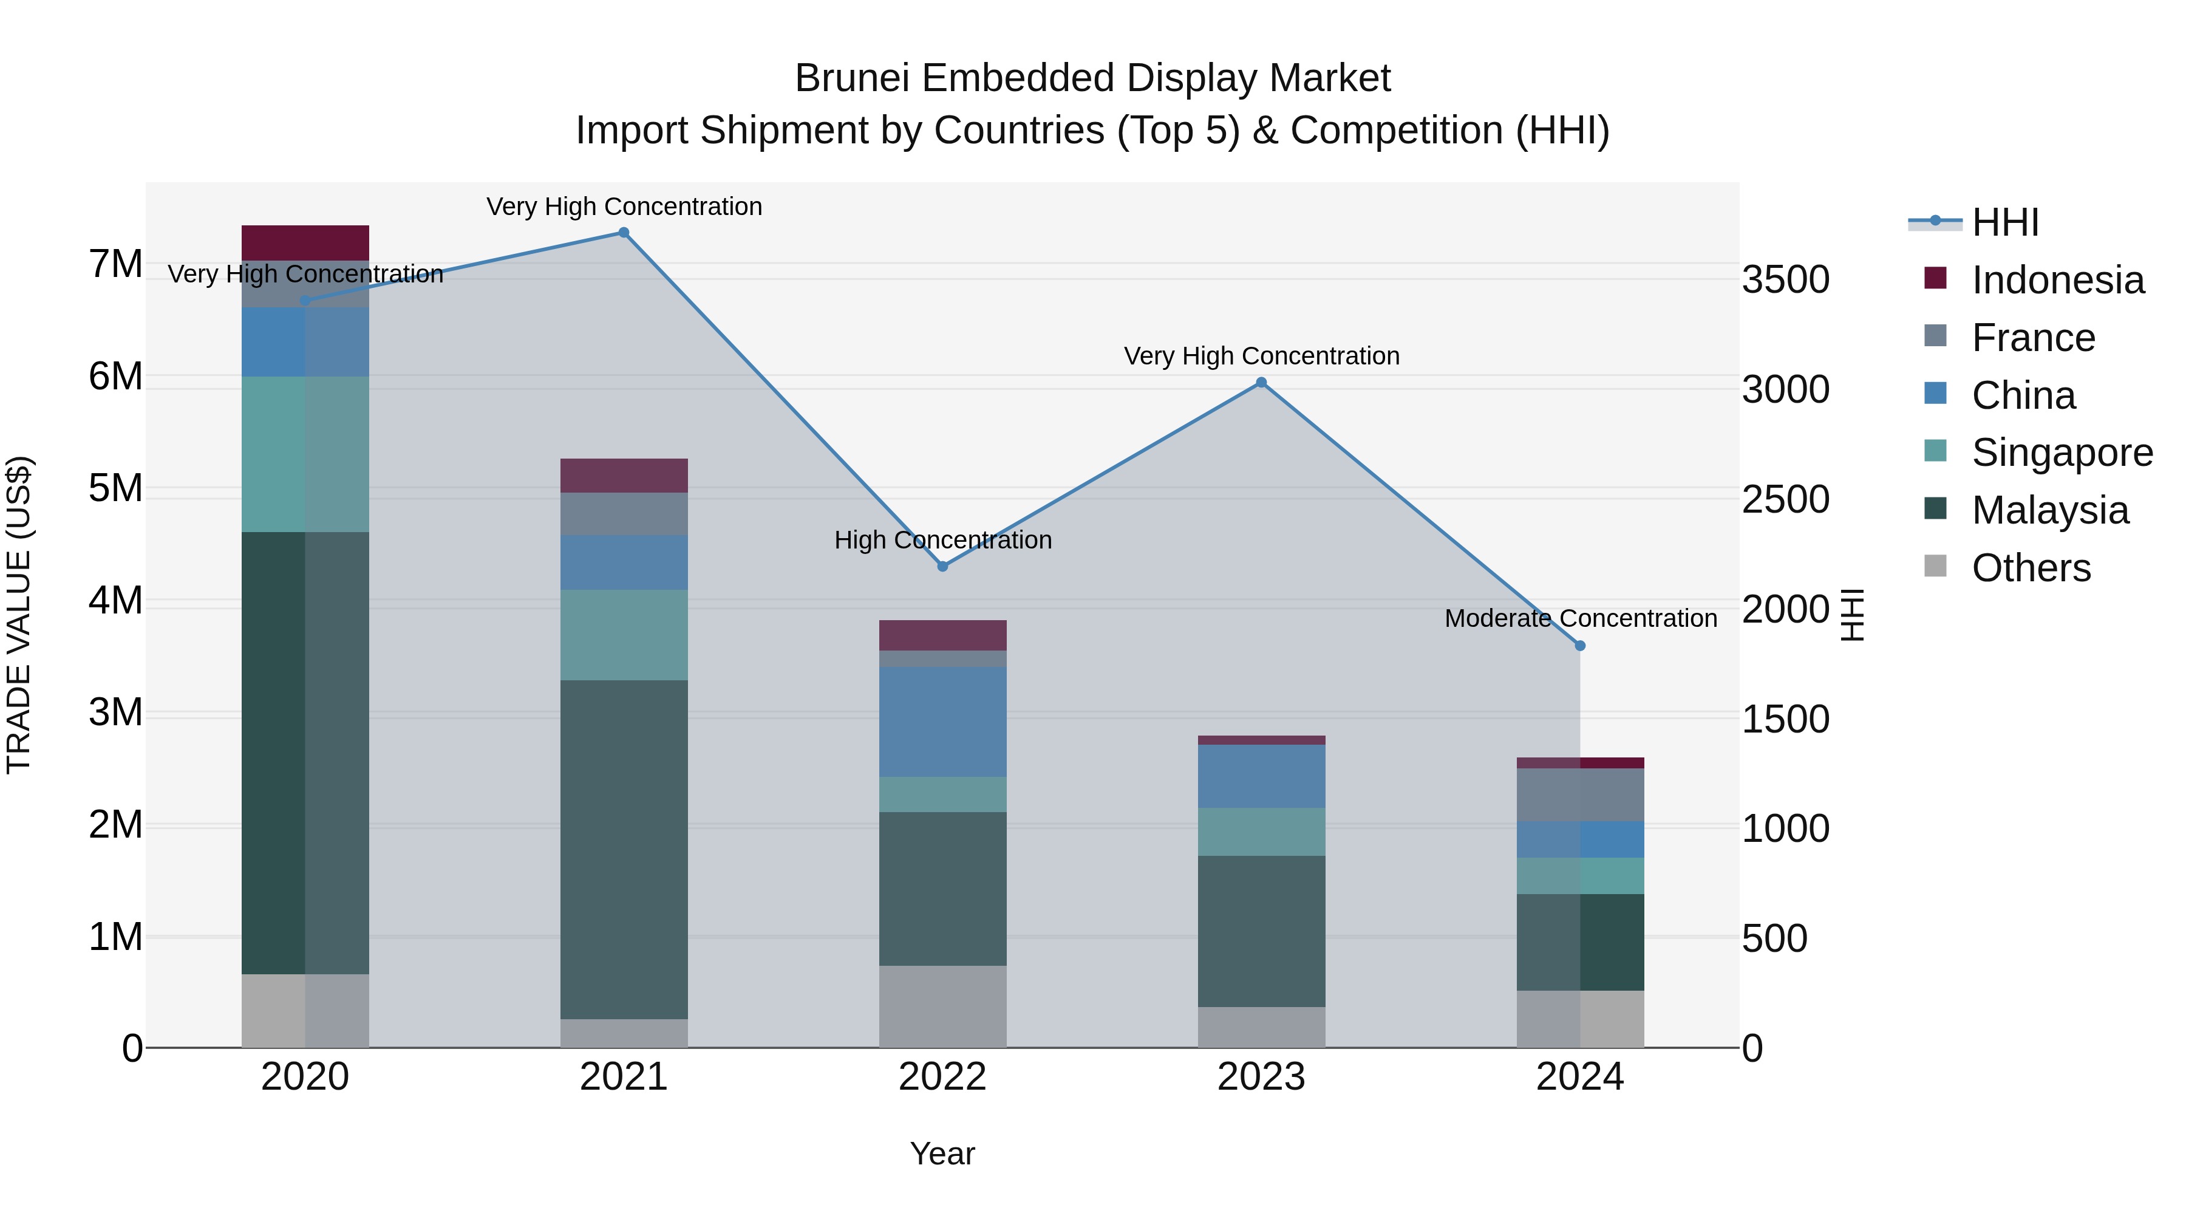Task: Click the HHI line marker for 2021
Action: [x=624, y=233]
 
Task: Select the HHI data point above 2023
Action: [x=1261, y=383]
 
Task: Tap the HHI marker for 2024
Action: [x=1580, y=646]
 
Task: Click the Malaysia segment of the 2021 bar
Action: [x=624, y=849]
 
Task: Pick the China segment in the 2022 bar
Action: [x=943, y=722]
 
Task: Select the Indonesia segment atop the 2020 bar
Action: [x=305, y=243]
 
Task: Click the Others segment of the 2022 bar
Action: [x=943, y=1006]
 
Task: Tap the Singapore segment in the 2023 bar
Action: [x=1261, y=832]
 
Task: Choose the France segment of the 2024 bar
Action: [x=1580, y=795]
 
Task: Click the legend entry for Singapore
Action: [x=2062, y=453]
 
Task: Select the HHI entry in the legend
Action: [x=2004, y=222]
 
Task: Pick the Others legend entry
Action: [x=2031, y=568]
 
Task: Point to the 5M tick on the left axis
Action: [x=115, y=488]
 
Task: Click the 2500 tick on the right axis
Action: [x=1785, y=499]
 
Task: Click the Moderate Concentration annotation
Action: [x=1580, y=619]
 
